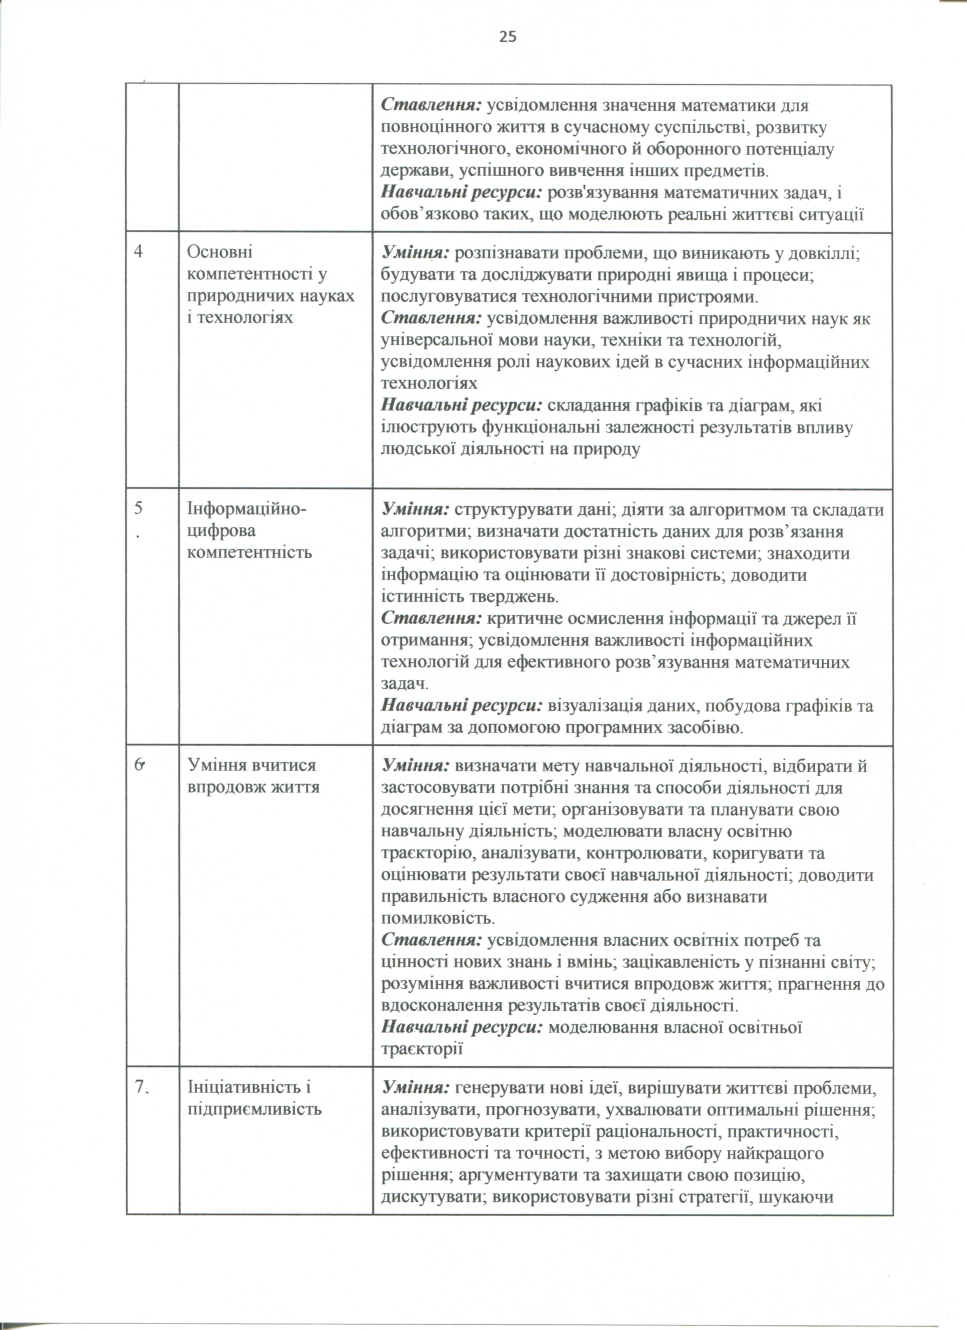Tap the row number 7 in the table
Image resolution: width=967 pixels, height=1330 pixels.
(141, 1087)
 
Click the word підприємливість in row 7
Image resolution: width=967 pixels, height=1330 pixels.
(255, 1109)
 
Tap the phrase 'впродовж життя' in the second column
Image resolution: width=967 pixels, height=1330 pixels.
(253, 786)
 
